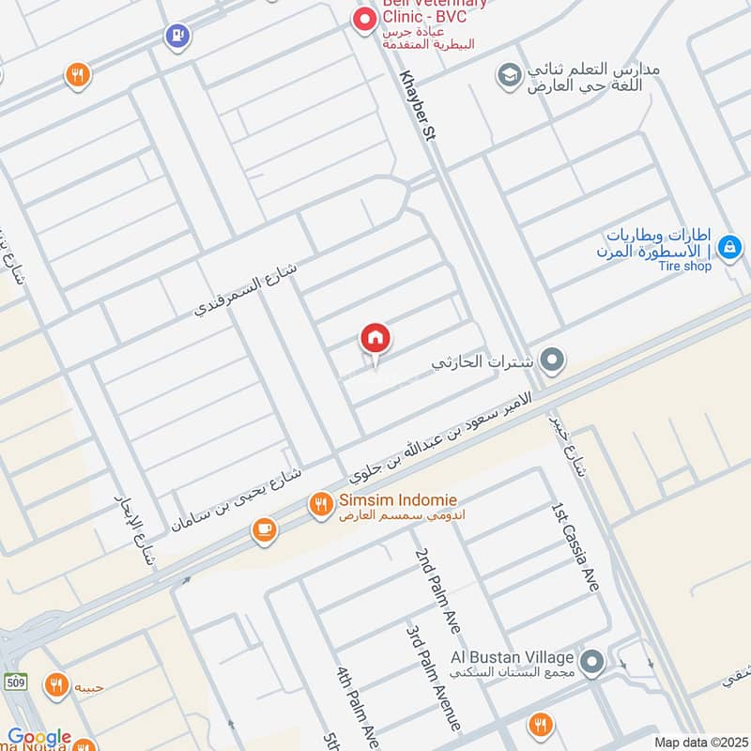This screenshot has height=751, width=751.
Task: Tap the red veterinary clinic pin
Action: [363, 18]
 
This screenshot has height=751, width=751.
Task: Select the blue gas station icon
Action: [175, 36]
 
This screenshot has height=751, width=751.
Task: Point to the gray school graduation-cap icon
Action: [509, 75]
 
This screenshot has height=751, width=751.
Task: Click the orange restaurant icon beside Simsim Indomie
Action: [321, 505]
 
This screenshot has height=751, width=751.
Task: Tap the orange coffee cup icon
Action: [264, 531]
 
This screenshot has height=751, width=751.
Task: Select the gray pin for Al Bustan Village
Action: [591, 664]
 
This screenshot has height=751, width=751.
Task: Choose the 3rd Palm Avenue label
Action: [434, 677]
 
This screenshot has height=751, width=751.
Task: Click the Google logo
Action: [39, 738]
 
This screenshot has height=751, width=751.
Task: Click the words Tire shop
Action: [684, 266]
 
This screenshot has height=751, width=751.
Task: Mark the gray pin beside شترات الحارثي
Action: [553, 360]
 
